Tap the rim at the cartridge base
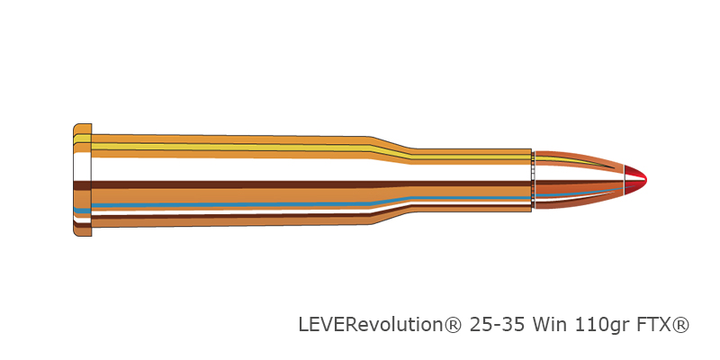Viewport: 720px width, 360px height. (82, 180)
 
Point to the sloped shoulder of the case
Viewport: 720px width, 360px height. (391, 180)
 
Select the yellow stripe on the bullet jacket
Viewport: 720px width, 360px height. (574, 161)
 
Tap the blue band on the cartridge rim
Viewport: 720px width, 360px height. (82, 211)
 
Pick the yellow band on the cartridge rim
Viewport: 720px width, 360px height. (82, 139)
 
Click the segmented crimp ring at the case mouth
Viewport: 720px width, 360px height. (533, 180)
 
